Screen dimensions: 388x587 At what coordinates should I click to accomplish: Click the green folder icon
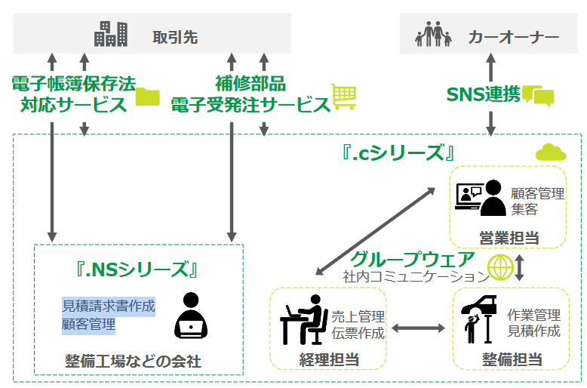click(148, 97)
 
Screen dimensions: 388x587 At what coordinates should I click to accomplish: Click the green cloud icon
click(550, 152)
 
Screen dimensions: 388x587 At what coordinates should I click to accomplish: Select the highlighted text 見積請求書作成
click(108, 306)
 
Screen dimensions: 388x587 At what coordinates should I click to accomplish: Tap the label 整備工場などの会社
click(133, 362)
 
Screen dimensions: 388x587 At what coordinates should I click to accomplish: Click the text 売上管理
click(358, 316)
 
